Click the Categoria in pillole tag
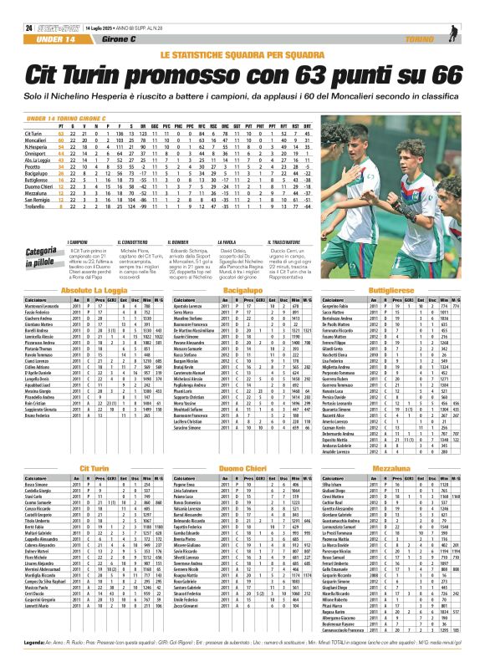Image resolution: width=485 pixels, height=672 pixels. tap(41, 255)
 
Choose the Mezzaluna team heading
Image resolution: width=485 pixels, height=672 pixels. tap(392, 471)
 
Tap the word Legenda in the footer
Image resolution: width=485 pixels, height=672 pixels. tap(36, 664)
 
